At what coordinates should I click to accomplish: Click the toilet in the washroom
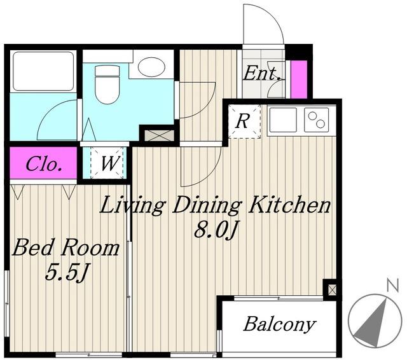[x=107, y=84]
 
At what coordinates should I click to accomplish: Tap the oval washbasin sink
[x=151, y=67]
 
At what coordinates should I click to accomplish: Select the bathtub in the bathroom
[x=43, y=71]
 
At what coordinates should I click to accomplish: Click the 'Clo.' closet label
[x=44, y=164]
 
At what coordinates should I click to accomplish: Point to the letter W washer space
[x=109, y=163]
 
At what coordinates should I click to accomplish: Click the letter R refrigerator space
[x=242, y=121]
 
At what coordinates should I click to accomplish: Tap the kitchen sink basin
[x=283, y=120]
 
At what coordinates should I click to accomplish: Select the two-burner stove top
[x=317, y=120]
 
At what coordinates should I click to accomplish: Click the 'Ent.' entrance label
[x=262, y=73]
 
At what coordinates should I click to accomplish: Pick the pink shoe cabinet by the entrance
[x=299, y=80]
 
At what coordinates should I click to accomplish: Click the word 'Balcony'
[x=280, y=324]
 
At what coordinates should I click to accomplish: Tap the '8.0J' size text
[x=216, y=230]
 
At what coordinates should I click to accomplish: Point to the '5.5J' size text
[x=66, y=273]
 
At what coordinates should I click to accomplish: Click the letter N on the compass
[x=392, y=286]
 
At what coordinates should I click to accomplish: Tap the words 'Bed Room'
[x=66, y=248]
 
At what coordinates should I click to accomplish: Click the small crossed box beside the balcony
[x=332, y=289]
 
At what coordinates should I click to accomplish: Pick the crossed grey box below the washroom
[x=159, y=135]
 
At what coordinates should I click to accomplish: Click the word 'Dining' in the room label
[x=206, y=206]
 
